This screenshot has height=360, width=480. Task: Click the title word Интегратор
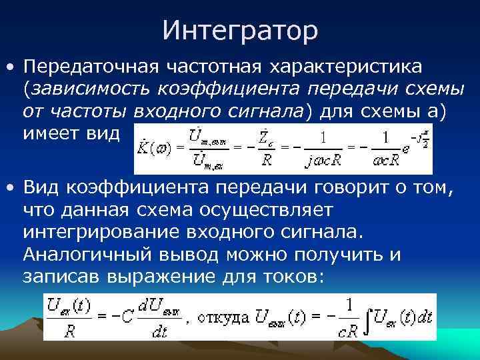coord(240,30)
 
